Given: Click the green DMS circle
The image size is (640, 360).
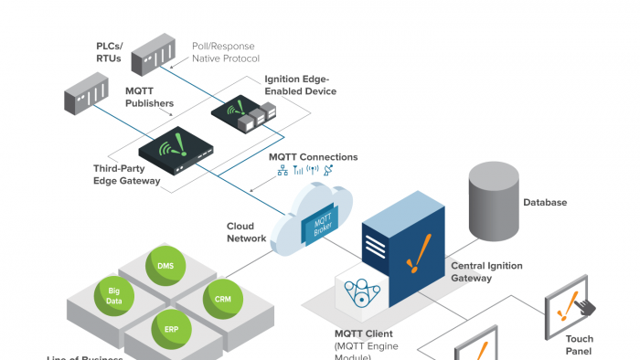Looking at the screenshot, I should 165,266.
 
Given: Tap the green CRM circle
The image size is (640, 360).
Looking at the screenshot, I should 222,299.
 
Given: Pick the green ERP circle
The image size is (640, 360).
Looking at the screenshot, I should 171,327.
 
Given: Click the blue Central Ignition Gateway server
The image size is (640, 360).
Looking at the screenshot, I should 403,250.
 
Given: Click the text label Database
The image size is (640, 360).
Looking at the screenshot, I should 545,203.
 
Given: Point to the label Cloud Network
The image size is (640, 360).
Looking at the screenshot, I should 247,232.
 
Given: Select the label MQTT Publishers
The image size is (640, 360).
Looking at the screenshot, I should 149,98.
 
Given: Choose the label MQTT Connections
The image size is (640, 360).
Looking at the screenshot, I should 314,157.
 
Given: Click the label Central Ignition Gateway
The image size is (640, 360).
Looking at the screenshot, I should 486,271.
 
